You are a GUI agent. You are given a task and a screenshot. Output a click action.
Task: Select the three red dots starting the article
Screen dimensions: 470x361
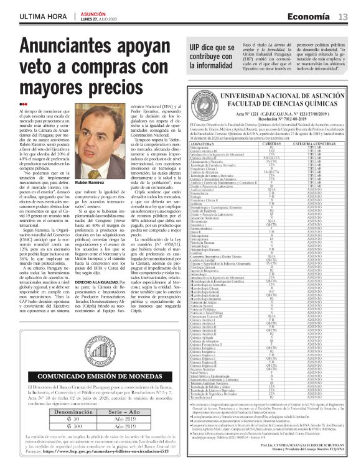[x=23, y=103]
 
